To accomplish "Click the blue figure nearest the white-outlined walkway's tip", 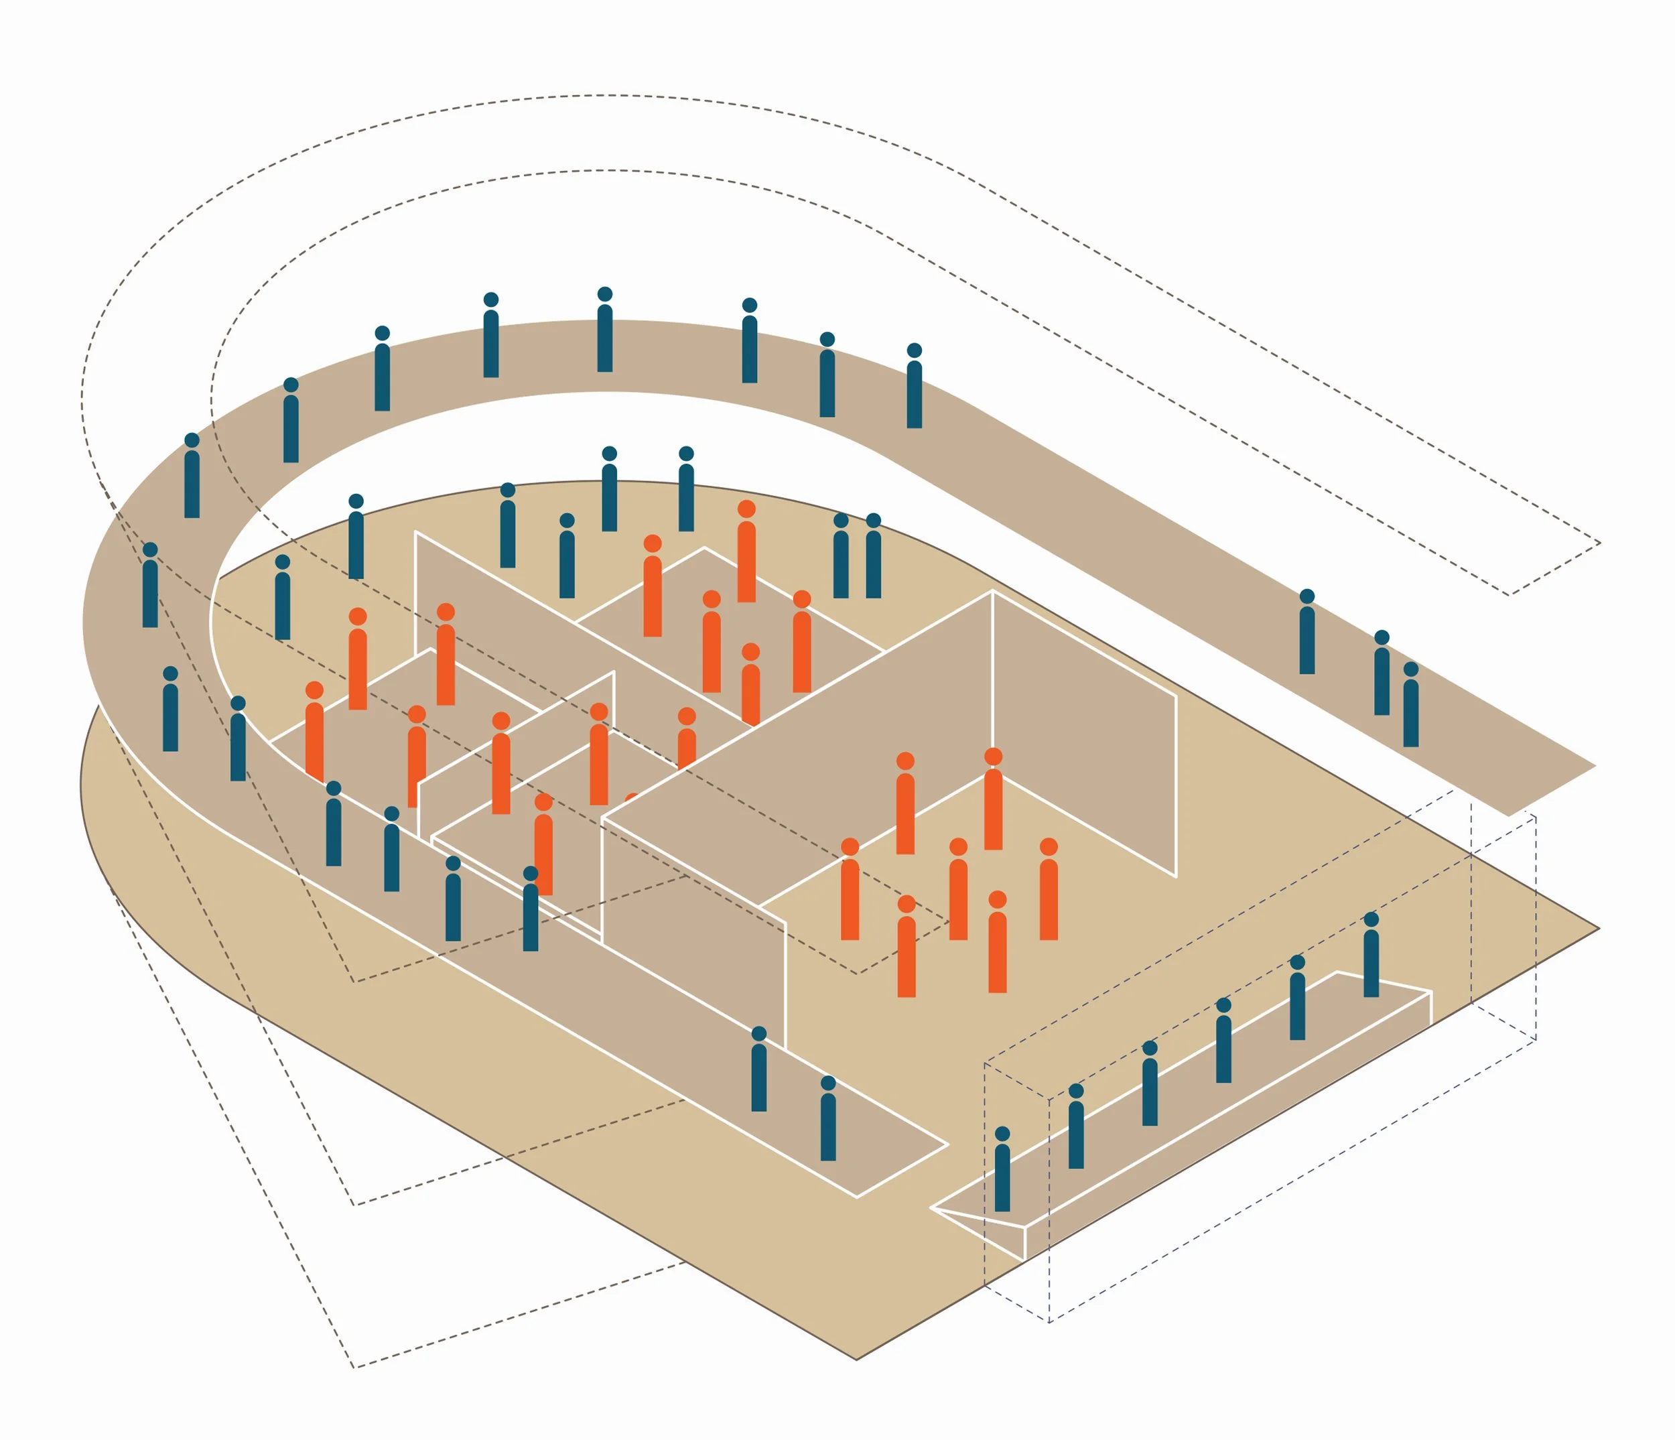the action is coord(828,1119).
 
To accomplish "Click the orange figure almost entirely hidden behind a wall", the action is coord(631,798).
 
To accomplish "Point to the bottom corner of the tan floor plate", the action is coord(857,1359).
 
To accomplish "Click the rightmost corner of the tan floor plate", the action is coord(1598,929).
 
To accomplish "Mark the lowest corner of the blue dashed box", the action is coord(1049,1322).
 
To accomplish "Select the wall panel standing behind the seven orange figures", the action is coord(1083,728).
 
